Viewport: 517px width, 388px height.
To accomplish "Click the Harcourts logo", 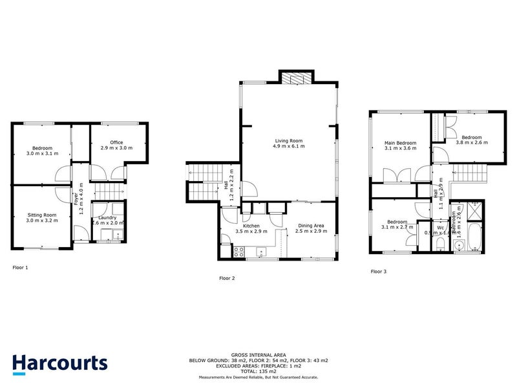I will click(x=60, y=363).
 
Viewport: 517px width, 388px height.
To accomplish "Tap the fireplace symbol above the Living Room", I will click(x=297, y=78).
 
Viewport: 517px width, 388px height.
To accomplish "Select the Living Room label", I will click(x=290, y=144).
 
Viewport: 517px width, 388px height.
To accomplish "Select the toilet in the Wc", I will click(x=439, y=242).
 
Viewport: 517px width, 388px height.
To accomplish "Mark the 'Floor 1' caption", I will click(x=21, y=266).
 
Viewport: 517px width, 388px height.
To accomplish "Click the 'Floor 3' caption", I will click(x=379, y=272).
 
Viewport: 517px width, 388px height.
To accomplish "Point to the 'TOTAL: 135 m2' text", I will click(x=258, y=372).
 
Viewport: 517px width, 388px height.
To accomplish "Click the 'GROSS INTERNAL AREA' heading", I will click(x=258, y=355).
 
